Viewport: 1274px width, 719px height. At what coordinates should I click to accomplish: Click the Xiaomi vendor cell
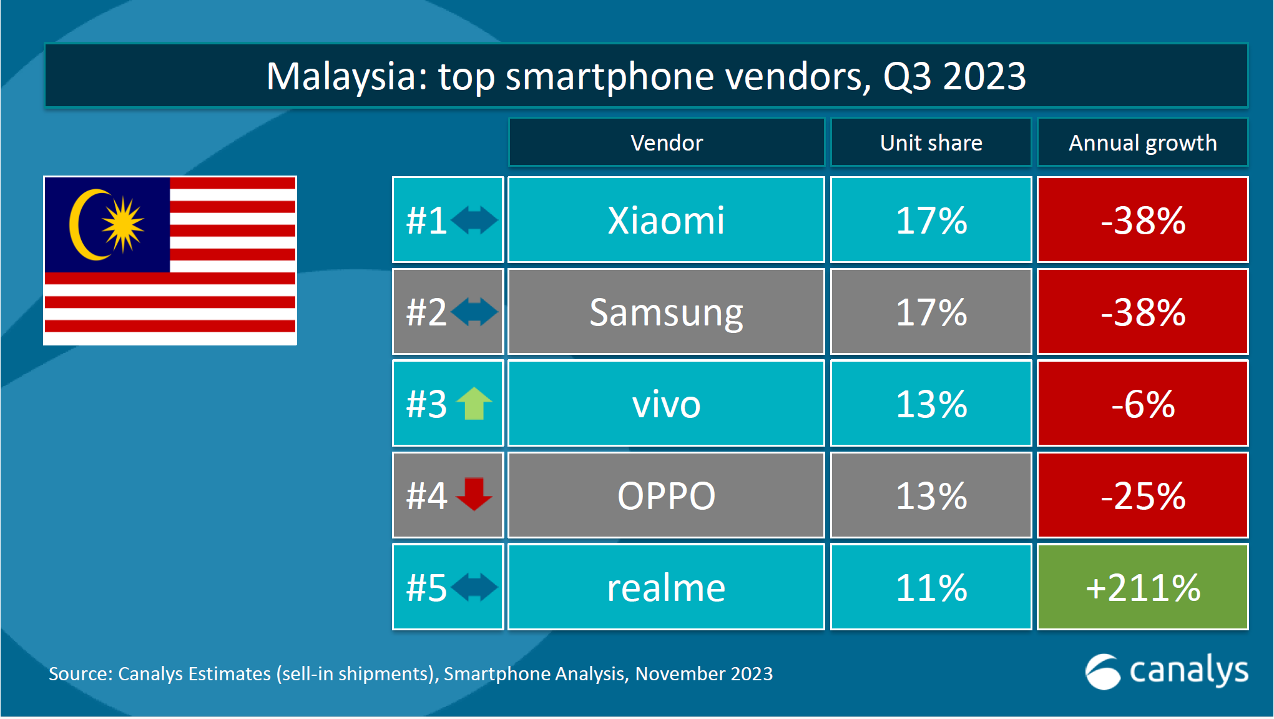(x=666, y=220)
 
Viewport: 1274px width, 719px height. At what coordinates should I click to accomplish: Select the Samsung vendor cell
(x=666, y=312)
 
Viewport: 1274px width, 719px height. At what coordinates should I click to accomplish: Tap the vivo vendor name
(x=666, y=404)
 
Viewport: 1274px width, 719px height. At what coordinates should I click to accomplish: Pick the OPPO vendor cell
(x=666, y=495)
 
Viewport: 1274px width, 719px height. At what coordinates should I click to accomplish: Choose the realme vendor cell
(x=666, y=587)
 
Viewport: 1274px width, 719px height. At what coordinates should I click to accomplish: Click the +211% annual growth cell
(x=1142, y=587)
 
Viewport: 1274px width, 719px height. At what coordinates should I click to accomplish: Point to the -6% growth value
(x=1142, y=404)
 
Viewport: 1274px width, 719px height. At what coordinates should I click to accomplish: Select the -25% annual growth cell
(x=1142, y=495)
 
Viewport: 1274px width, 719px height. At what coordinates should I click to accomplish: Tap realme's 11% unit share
(x=931, y=587)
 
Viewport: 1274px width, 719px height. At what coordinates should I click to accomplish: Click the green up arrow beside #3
(x=474, y=404)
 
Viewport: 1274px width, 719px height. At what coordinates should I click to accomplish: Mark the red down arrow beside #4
(x=474, y=494)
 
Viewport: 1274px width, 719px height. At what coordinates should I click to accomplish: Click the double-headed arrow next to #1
(x=474, y=220)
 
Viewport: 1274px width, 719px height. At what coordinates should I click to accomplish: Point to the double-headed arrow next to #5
(x=474, y=587)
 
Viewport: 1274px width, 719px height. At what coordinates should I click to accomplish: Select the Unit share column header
(x=931, y=143)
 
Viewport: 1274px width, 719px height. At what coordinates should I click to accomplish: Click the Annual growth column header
(x=1142, y=143)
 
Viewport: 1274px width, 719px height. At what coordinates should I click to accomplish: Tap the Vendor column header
(x=666, y=143)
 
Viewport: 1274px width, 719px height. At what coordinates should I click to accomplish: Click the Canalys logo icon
(x=1103, y=672)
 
